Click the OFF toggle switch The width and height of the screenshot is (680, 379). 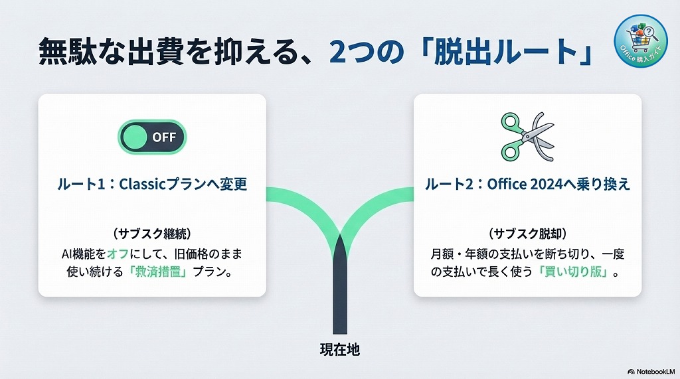click(x=152, y=137)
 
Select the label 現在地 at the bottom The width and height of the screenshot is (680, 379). click(x=339, y=349)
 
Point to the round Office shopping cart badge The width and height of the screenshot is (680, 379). click(x=640, y=41)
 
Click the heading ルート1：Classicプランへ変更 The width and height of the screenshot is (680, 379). click(x=152, y=184)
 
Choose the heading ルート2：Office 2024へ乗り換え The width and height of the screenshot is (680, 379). click(x=527, y=184)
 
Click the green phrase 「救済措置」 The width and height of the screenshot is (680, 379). click(x=159, y=272)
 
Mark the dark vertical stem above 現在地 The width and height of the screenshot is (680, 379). click(x=339, y=292)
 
